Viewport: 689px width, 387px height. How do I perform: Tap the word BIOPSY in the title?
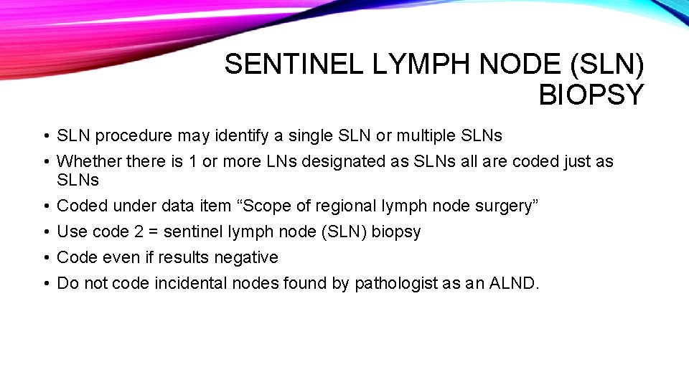point(591,95)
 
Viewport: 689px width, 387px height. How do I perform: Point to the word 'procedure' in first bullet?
point(130,135)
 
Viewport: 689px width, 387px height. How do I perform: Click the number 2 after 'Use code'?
point(141,231)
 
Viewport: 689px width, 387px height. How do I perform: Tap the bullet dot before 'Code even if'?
point(44,258)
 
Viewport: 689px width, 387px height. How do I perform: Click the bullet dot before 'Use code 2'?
point(44,232)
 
